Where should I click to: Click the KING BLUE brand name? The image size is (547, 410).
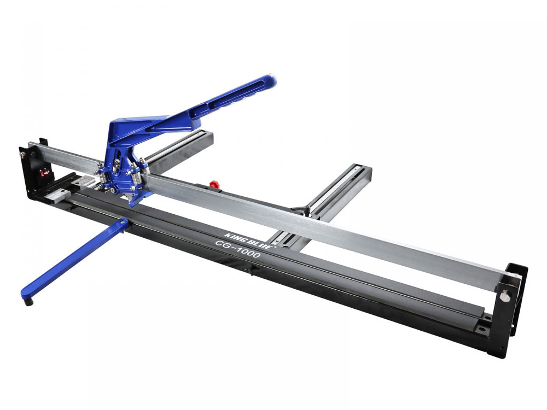[248, 241]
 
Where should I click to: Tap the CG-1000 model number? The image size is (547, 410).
[237, 249]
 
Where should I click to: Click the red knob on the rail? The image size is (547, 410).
[213, 184]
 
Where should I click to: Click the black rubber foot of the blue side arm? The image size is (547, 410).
[28, 302]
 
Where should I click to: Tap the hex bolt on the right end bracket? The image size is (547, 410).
[505, 296]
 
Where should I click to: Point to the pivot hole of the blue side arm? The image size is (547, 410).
[123, 222]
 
